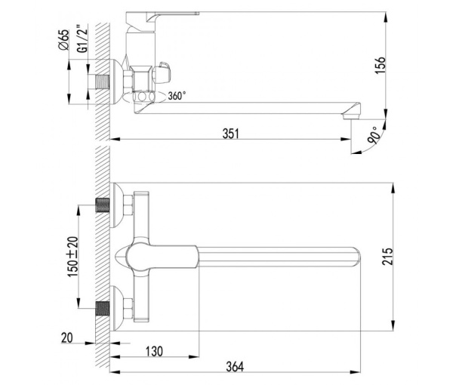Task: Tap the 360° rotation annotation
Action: [x=177, y=96]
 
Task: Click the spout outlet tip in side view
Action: [x=350, y=115]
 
